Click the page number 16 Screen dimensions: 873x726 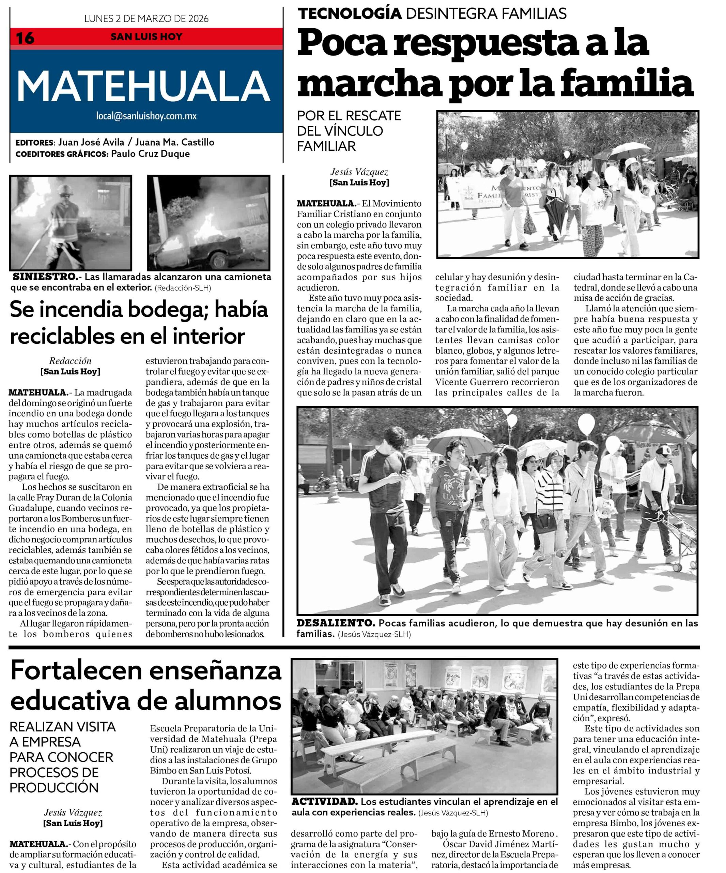(x=25, y=38)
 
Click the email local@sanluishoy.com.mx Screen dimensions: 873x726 (x=146, y=116)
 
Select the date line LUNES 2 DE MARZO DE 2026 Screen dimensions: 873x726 (x=146, y=19)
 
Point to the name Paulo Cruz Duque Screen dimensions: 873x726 (x=150, y=154)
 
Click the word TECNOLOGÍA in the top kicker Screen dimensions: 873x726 (x=350, y=14)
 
